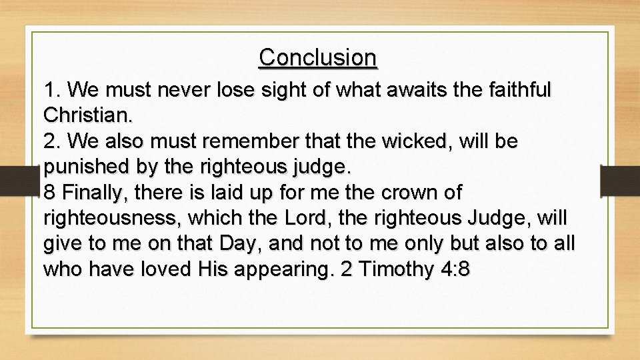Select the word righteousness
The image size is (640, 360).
point(112,219)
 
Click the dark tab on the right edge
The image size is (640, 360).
point(619,180)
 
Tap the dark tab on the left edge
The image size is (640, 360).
point(20,180)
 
